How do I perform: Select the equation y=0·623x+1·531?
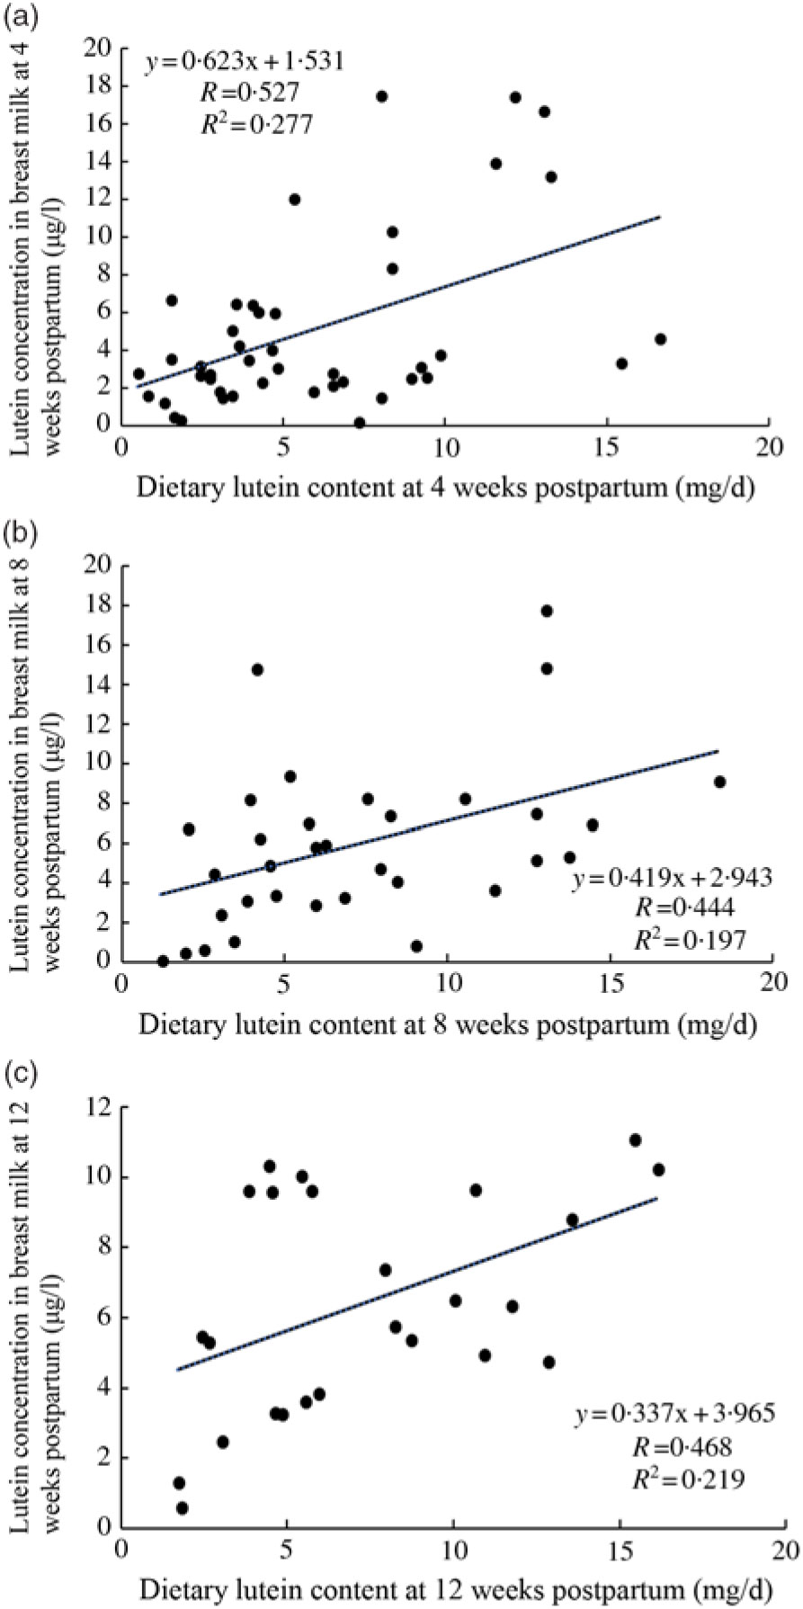click(x=245, y=62)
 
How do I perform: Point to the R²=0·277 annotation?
click(x=256, y=123)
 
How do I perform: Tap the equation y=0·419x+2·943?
click(x=672, y=879)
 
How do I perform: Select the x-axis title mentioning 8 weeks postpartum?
click(x=447, y=1024)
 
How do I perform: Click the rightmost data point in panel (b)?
click(x=720, y=782)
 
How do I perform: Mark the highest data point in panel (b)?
click(x=547, y=611)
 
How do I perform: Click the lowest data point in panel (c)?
click(x=183, y=1507)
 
